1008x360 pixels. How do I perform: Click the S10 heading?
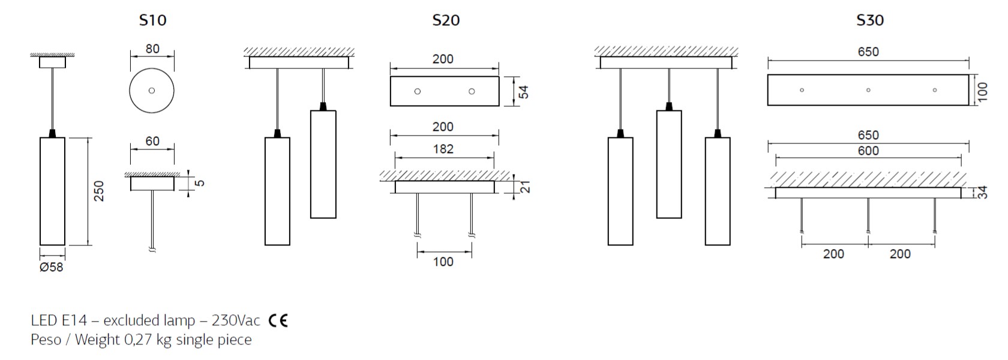(x=152, y=20)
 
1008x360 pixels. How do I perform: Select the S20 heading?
(x=446, y=20)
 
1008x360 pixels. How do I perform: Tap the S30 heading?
(x=870, y=20)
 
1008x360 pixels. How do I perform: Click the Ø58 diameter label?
(x=52, y=268)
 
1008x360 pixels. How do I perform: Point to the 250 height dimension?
(x=99, y=191)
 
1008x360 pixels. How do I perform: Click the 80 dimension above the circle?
(x=152, y=49)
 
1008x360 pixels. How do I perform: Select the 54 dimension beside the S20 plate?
(x=523, y=92)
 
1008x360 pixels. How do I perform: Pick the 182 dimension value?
(x=443, y=149)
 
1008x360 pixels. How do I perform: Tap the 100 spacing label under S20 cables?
(x=443, y=262)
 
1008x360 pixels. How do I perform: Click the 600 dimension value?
(x=868, y=151)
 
